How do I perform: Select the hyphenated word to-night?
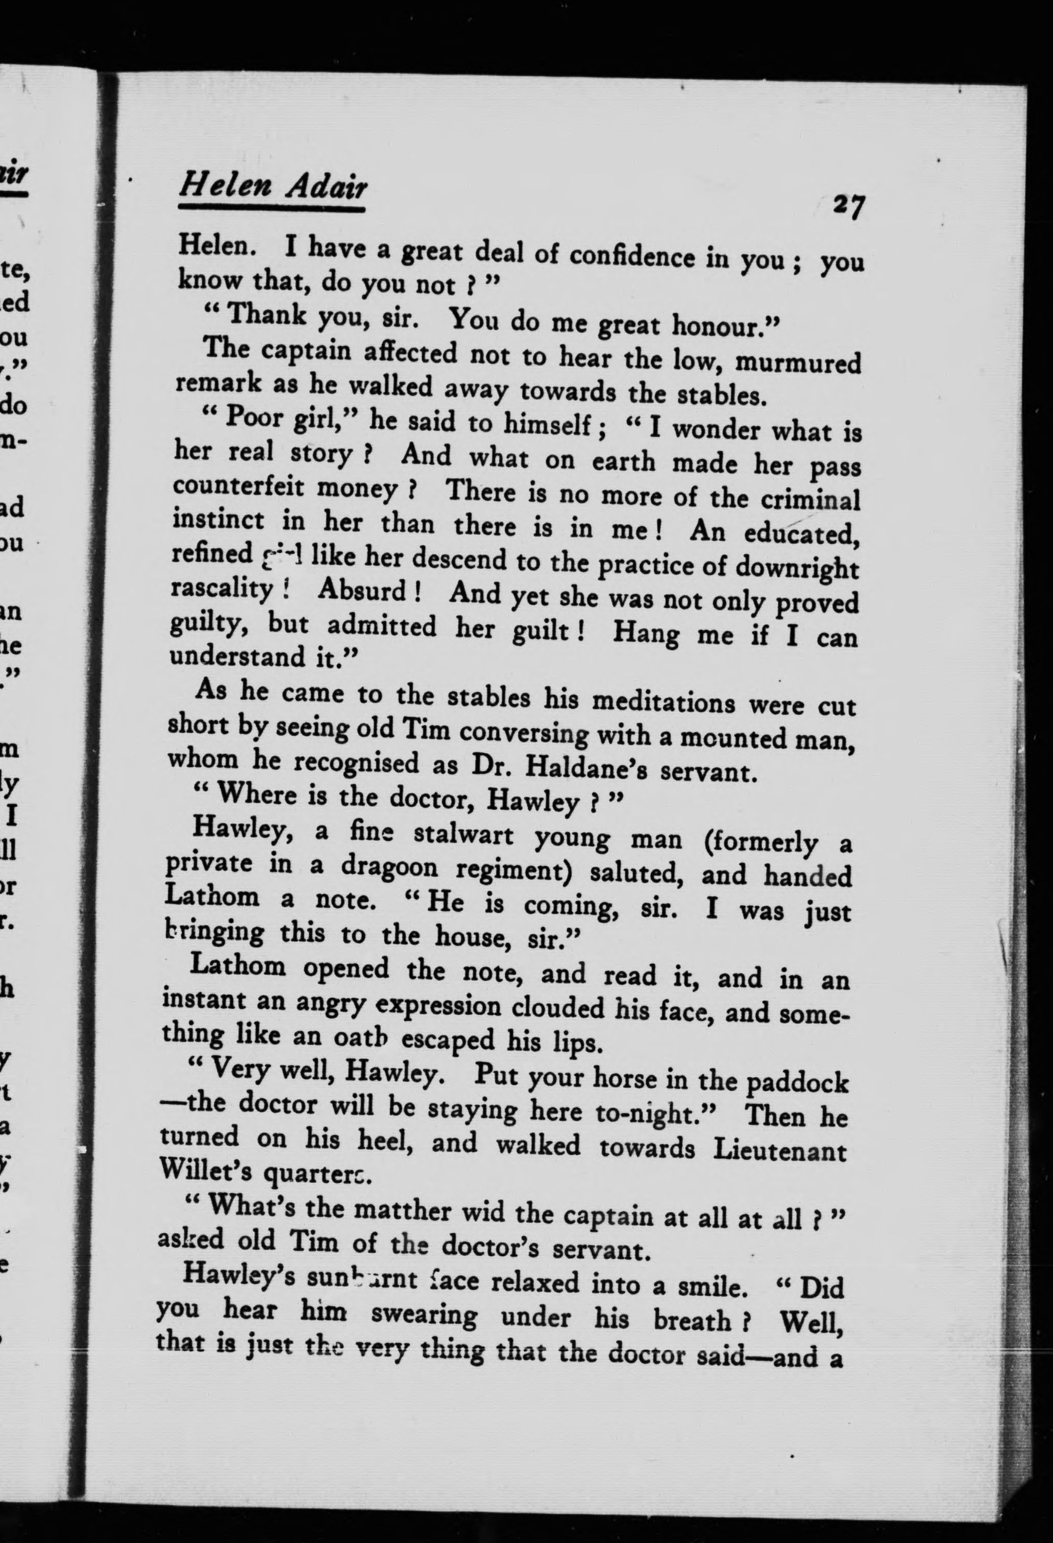click(646, 1113)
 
